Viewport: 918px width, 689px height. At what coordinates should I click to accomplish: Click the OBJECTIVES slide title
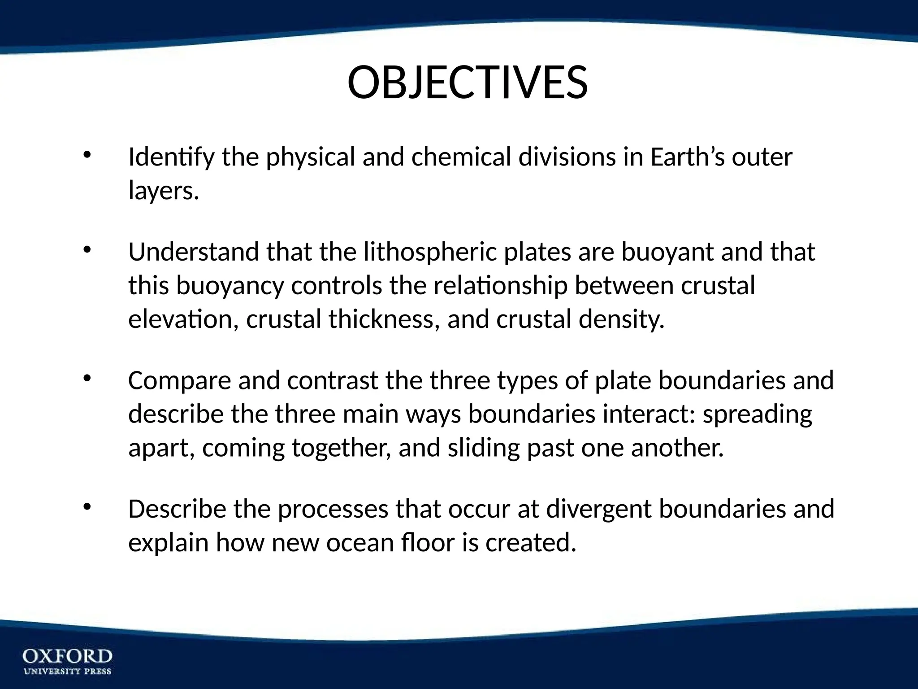point(467,83)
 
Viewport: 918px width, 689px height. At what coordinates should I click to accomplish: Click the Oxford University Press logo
point(67,661)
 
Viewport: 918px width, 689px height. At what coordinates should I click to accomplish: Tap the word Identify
point(171,158)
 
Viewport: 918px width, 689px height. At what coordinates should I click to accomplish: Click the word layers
point(163,192)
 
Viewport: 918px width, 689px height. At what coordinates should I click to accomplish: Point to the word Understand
point(193,252)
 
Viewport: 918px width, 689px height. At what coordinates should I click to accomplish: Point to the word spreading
point(757,414)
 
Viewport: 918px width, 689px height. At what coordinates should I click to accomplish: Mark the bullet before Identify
point(87,155)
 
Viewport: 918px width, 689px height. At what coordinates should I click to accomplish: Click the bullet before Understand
point(87,249)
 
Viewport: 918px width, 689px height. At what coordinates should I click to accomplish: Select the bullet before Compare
point(87,378)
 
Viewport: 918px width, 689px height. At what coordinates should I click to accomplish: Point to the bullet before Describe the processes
point(87,507)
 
